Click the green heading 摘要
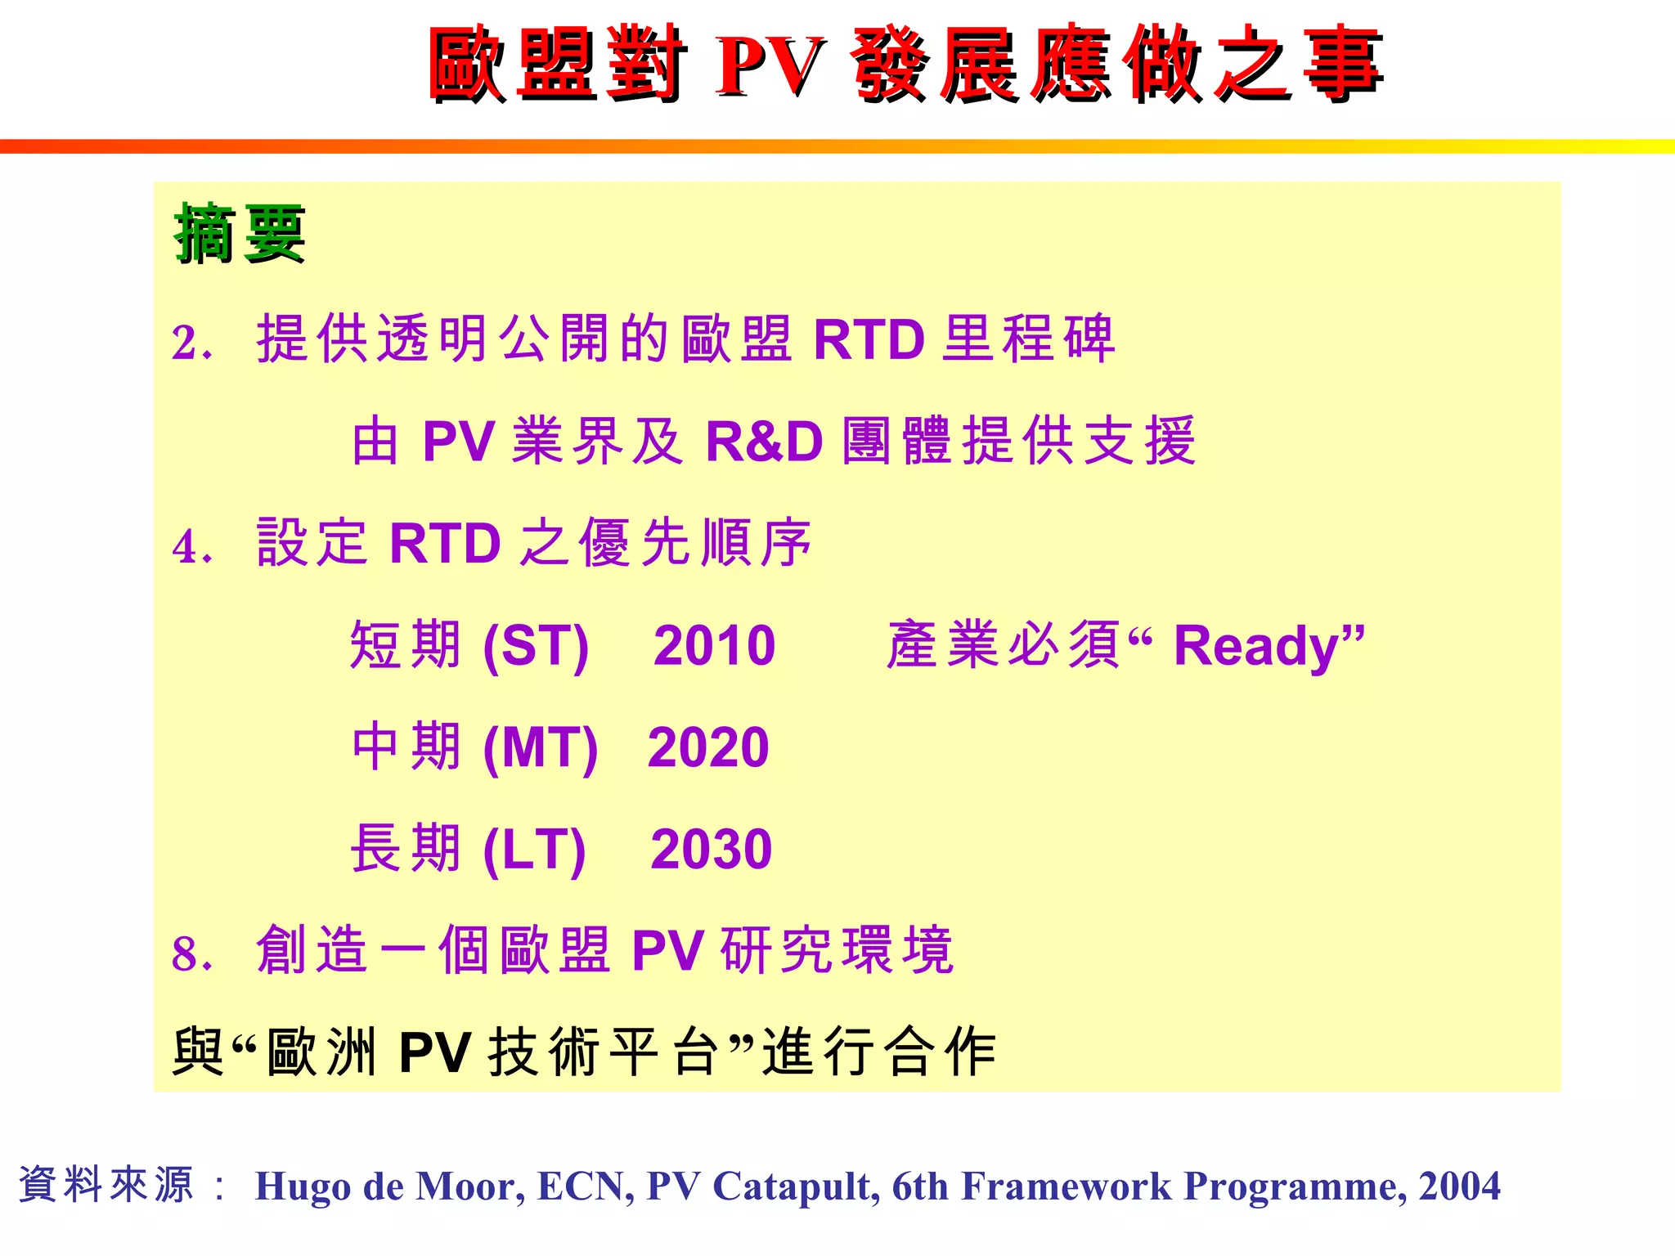[239, 234]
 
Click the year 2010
[714, 646]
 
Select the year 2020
[708, 747]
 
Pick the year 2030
[711, 849]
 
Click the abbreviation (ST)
[536, 646]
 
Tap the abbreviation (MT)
[541, 747]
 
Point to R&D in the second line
[764, 442]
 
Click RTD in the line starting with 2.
[869, 339]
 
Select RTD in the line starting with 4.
[445, 543]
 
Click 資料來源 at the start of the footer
[106, 1185]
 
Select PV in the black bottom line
[434, 1052]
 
